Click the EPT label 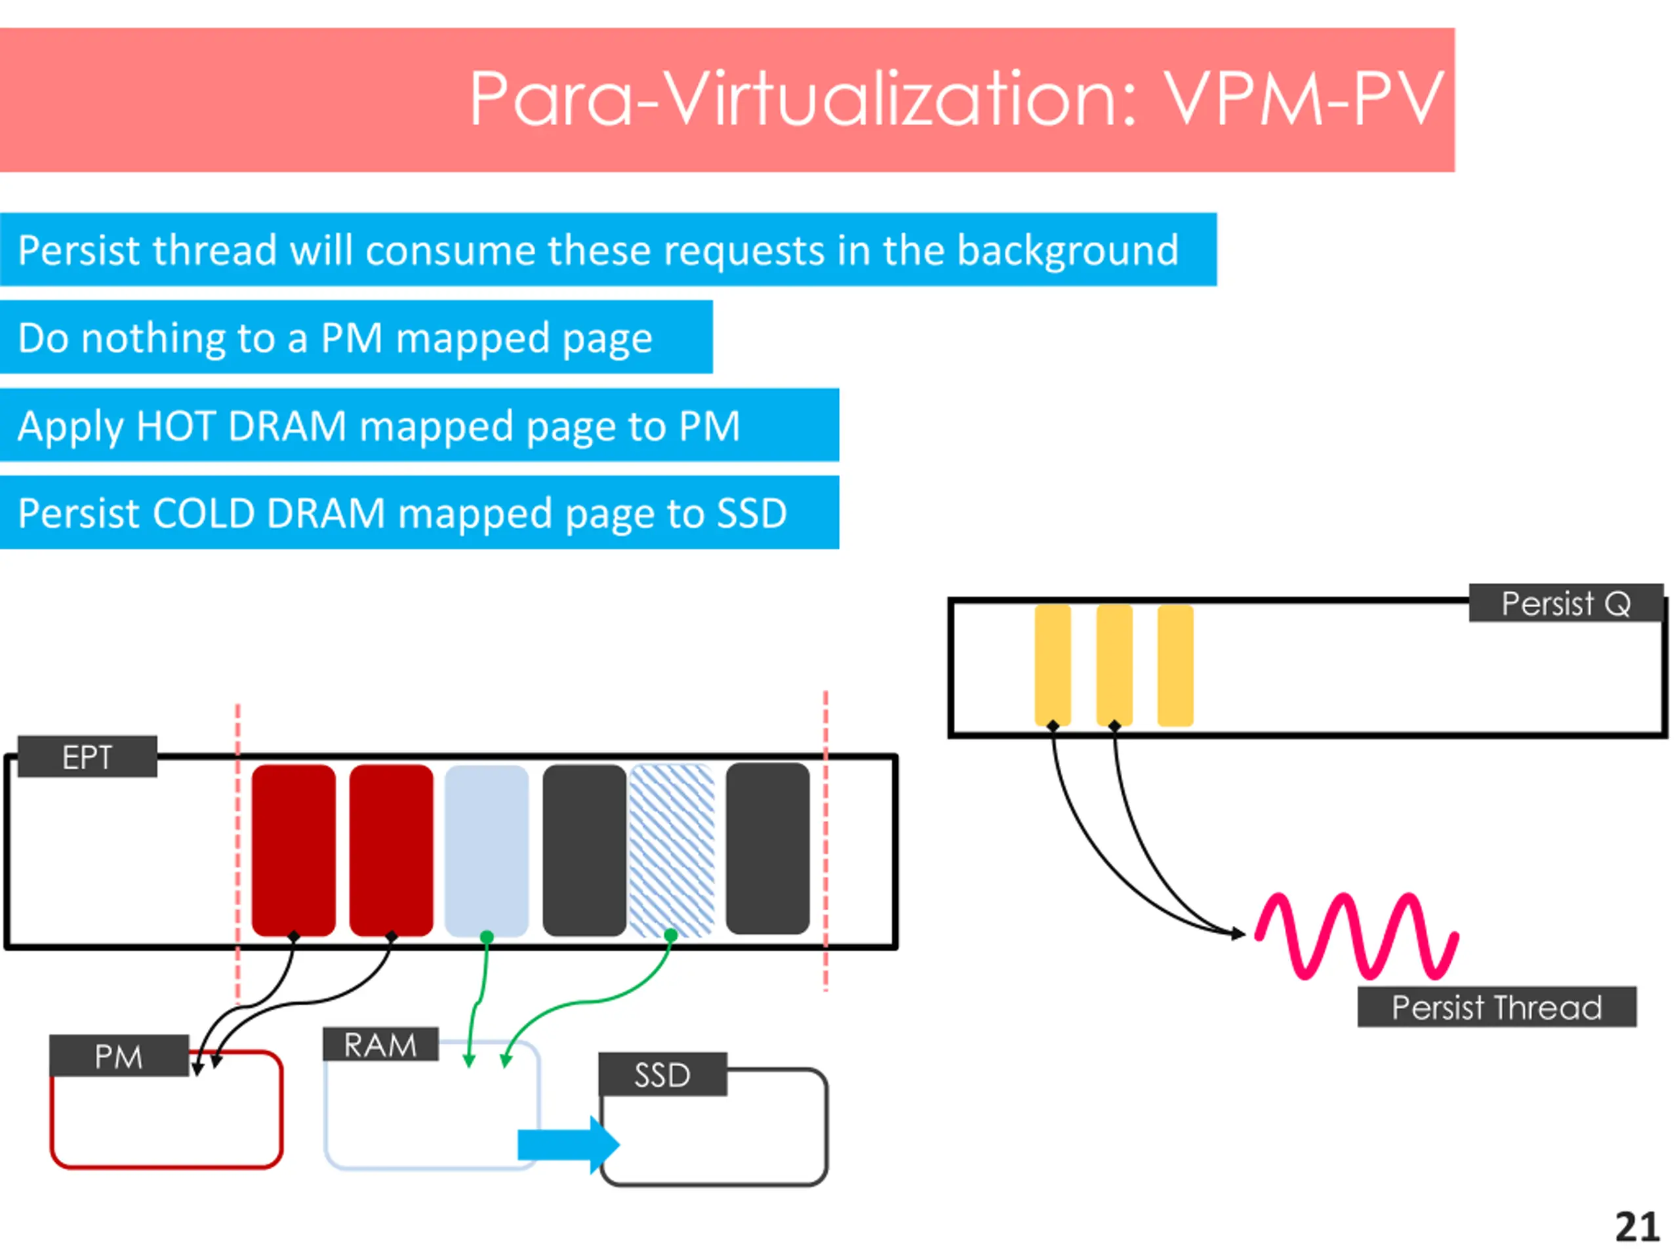click(87, 757)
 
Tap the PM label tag click(119, 1056)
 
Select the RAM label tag click(380, 1044)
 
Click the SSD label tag click(662, 1074)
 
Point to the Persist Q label click(1566, 603)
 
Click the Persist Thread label click(1497, 1007)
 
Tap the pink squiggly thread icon click(1356, 936)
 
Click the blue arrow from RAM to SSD click(569, 1144)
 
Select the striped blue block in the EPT click(672, 850)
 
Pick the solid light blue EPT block click(487, 850)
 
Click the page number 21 click(1637, 1227)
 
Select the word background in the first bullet click(1068, 250)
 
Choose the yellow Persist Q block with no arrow click(1175, 665)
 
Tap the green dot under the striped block click(670, 936)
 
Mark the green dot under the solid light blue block click(487, 937)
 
